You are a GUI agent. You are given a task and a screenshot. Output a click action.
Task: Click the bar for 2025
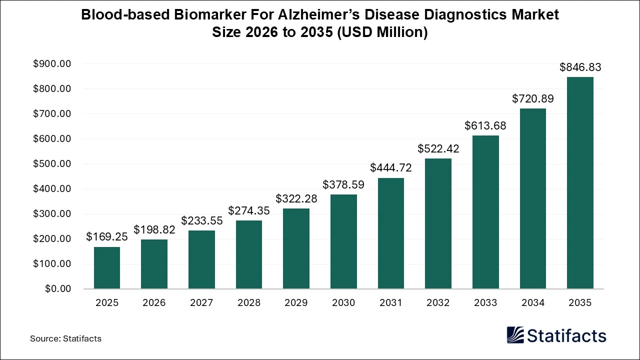[107, 267]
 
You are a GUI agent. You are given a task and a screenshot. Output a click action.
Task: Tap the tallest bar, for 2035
[580, 183]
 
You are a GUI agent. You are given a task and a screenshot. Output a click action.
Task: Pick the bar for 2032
[438, 223]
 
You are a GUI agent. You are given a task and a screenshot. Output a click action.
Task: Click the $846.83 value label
[580, 67]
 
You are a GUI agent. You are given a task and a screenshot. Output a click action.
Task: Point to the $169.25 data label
[107, 237]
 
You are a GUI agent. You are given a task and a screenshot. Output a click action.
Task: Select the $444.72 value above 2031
[391, 168]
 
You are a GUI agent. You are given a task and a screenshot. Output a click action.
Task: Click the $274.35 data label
[249, 210]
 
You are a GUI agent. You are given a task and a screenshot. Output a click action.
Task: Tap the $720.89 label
[532, 98]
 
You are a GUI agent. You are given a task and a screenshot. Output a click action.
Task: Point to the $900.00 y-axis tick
[51, 64]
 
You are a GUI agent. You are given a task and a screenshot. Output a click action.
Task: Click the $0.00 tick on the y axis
[58, 289]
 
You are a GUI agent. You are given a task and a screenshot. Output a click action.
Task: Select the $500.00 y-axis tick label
[51, 164]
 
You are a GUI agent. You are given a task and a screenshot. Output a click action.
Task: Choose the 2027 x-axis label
[201, 303]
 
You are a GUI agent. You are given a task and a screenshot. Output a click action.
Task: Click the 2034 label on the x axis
[532, 303]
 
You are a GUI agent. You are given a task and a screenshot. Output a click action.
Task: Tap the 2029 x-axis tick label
[296, 303]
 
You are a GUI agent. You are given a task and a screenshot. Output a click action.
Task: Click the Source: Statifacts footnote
[65, 338]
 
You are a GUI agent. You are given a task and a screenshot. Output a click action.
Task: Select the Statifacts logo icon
[515, 335]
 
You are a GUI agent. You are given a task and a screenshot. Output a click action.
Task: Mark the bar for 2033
[485, 212]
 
